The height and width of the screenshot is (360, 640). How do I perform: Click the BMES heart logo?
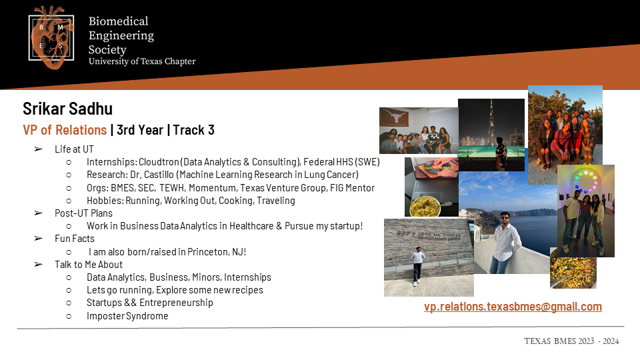point(51,37)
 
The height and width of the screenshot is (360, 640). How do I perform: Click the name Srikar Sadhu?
point(68,109)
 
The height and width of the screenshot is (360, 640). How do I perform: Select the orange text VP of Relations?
point(65,130)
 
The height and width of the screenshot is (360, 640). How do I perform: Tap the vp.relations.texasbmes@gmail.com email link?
point(513,307)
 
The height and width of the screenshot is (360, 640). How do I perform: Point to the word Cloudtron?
point(159,162)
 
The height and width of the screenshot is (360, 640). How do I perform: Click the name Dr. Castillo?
point(152,175)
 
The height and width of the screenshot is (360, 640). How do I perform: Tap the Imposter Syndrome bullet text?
point(127,316)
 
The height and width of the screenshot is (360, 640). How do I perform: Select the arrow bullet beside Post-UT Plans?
point(39,213)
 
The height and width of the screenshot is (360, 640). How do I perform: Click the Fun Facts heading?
point(75,239)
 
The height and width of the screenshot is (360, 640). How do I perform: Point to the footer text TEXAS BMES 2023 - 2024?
point(571,341)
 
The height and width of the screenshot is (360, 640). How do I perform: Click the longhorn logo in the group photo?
point(393,115)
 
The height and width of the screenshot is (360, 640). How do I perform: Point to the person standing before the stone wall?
point(417,266)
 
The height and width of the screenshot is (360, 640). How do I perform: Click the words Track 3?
point(194,130)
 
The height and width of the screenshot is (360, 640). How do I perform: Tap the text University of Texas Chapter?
point(142,61)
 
